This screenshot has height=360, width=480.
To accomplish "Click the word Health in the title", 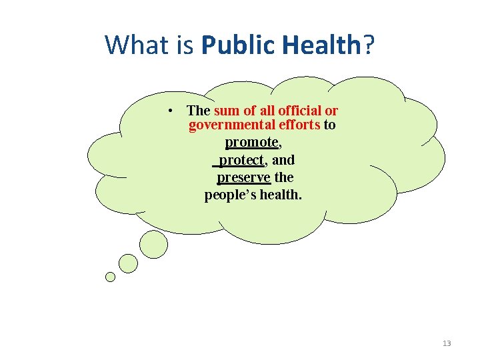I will [323, 45].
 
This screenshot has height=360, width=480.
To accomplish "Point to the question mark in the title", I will [369, 45].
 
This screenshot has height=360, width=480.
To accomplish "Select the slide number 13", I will [447, 343].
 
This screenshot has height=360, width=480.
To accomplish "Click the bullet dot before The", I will [171, 111].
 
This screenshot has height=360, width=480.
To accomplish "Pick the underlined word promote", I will [251, 142].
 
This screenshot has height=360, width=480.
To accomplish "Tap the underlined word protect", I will [241, 160].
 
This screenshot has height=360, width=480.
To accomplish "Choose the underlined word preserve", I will [244, 177].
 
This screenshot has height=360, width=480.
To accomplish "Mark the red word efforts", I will [299, 125].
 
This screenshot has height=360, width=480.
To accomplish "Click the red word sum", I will [225, 111].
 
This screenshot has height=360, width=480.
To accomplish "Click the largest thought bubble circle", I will [153, 245].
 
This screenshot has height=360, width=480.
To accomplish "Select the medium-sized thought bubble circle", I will [128, 263].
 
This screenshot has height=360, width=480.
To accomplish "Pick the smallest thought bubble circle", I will [110, 277].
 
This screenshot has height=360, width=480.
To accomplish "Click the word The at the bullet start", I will [199, 111].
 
